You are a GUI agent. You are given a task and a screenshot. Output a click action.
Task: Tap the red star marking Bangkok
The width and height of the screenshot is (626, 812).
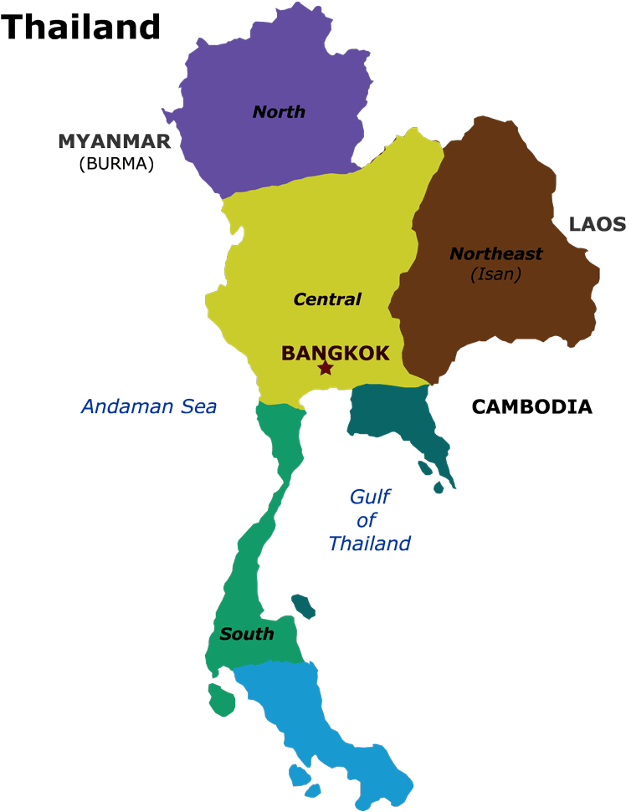[x=326, y=368]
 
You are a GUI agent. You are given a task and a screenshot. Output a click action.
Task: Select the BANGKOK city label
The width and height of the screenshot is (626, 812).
[x=335, y=353]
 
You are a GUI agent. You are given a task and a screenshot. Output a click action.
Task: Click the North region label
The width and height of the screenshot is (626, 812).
[x=279, y=112]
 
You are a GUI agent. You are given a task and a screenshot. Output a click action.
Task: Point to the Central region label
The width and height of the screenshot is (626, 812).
[x=327, y=299]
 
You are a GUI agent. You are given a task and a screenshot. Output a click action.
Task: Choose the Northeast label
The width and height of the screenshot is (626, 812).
[x=496, y=253]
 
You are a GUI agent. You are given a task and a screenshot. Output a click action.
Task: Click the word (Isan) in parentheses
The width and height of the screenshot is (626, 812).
[x=495, y=273]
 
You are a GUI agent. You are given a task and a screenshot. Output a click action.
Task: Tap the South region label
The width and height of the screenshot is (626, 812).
[x=247, y=634]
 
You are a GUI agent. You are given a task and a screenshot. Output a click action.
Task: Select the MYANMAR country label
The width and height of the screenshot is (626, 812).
[x=115, y=141]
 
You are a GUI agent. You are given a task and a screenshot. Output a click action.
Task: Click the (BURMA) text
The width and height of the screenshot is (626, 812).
[x=116, y=164]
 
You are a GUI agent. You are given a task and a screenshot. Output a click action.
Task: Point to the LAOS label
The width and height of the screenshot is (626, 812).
[x=597, y=224]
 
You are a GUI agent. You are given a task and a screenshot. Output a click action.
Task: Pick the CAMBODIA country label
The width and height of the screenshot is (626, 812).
[x=532, y=407]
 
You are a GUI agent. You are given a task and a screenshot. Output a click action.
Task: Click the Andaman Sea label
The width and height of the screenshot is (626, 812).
[x=148, y=407]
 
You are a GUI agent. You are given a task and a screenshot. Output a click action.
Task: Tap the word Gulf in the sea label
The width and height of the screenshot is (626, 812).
[x=370, y=497]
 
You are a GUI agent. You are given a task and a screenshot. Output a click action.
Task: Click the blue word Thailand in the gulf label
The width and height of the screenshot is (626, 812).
[x=370, y=544]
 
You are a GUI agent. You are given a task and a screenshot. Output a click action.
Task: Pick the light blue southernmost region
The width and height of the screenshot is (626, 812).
[x=335, y=719]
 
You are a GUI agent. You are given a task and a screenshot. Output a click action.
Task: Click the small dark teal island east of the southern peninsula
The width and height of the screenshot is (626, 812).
[x=303, y=605]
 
